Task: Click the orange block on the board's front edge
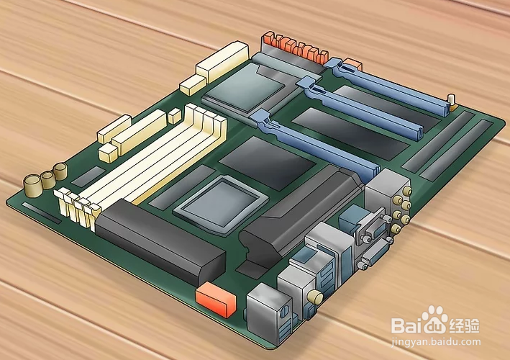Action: point(216,299)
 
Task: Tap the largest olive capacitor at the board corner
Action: point(33,186)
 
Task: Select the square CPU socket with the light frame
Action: point(221,204)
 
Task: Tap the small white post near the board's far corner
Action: point(452,101)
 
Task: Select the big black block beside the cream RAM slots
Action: point(160,242)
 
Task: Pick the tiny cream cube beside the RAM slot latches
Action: point(175,116)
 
